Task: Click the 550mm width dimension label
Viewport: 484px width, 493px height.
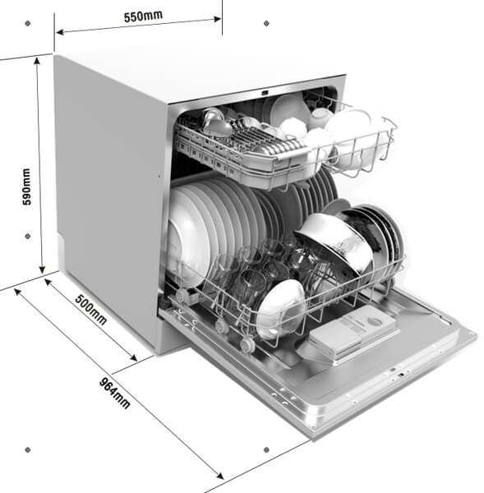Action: tap(143, 16)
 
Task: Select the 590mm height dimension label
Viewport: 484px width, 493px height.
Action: tap(27, 187)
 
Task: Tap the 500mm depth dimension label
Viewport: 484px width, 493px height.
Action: tap(91, 310)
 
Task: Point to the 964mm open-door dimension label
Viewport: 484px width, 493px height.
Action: tap(114, 393)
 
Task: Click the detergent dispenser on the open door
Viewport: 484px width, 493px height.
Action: tap(353, 334)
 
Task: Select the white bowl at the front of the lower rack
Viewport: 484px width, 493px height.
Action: tap(279, 309)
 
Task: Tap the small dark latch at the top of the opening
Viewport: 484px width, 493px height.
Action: tap(265, 93)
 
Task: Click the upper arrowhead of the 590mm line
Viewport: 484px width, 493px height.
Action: tap(38, 61)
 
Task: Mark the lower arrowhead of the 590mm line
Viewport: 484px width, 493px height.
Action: tap(42, 270)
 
